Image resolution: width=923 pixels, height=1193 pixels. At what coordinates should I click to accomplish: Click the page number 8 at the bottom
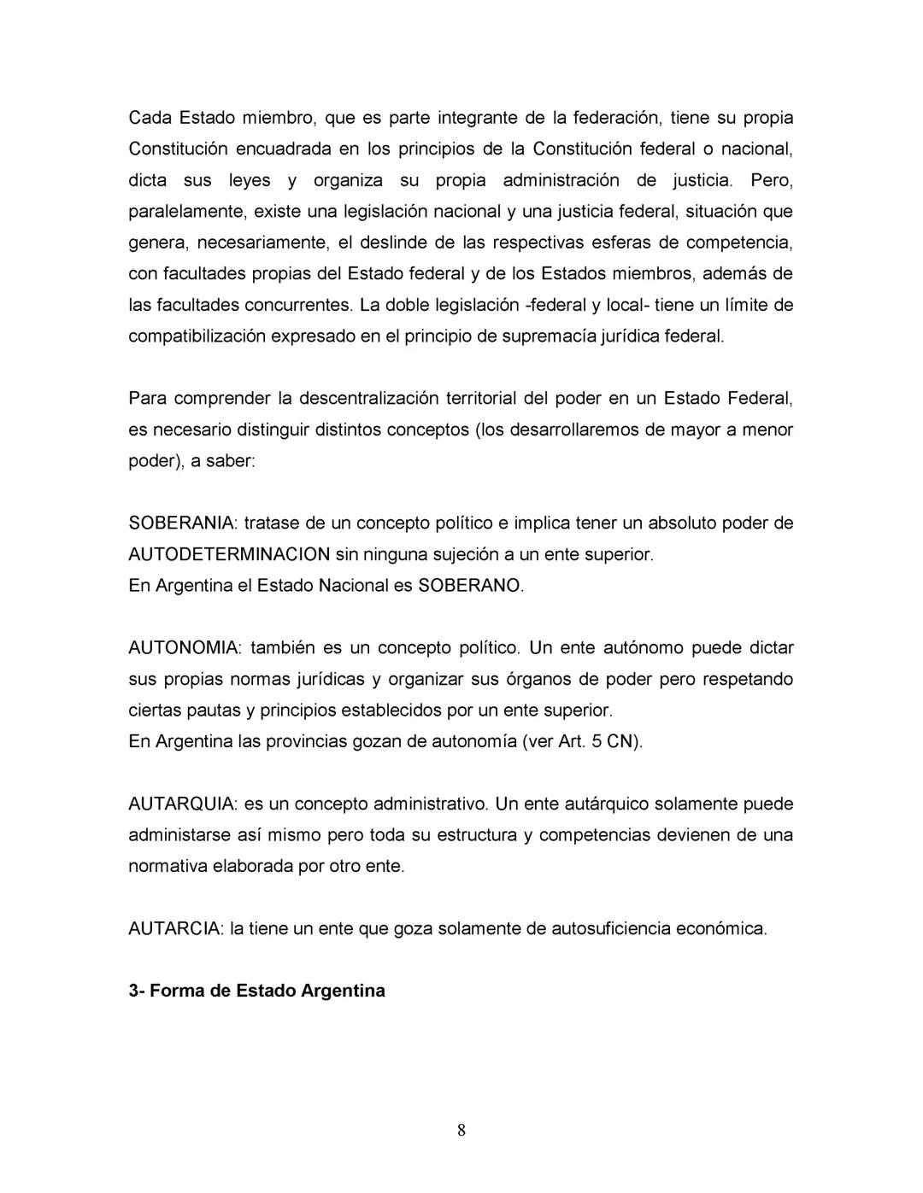pos(461,1131)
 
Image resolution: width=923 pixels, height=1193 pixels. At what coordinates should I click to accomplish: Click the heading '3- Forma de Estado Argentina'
pos(256,991)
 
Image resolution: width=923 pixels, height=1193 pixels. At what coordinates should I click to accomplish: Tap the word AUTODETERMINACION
pos(229,554)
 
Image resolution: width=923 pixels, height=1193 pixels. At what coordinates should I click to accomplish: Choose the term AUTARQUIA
pos(182,804)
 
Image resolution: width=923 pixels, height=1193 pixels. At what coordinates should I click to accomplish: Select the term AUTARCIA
pos(175,928)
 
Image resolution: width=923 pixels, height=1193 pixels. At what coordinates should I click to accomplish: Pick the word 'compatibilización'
pos(197,336)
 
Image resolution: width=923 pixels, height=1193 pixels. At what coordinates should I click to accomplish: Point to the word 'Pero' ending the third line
pos(771,179)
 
